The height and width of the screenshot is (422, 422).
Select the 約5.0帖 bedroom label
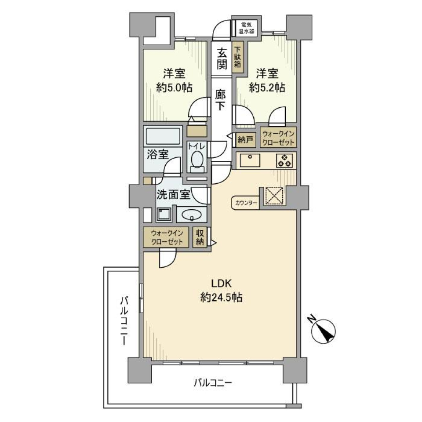coord(174,80)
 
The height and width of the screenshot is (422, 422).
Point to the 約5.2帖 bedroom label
coord(267,80)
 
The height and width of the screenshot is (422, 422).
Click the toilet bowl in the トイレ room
coord(196,161)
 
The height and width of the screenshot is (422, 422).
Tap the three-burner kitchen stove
coord(284,160)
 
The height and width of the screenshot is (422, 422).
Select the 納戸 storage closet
coord(245,140)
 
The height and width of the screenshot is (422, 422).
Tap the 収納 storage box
coord(200,237)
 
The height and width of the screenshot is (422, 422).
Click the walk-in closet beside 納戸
coord(278,137)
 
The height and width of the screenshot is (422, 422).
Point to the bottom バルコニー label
coord(212,383)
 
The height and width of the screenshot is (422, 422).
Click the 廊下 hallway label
coord(221,100)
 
